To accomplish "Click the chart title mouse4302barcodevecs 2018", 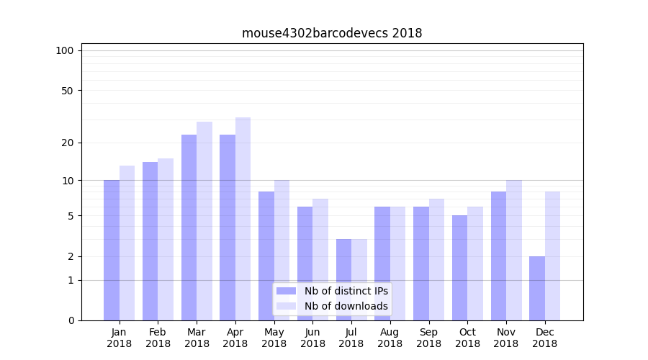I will pos(332,33).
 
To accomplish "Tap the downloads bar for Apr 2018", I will pos(243,219).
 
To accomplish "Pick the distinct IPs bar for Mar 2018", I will pos(189,228).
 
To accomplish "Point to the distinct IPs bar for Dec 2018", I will pos(537,288).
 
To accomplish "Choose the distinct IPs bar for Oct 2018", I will pos(460,268).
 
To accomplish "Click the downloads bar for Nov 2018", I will pos(513,250).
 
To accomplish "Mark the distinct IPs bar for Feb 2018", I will pos(150,241).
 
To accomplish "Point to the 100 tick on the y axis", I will pos(65,50).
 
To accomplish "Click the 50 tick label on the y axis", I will pos(67,91).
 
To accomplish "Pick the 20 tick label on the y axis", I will pos(67,143).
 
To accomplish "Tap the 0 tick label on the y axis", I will pos(71,320).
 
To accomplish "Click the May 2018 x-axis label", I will pos(274,338).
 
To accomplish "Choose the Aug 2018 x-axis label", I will pos(390,338).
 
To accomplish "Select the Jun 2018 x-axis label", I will pos(312,338).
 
